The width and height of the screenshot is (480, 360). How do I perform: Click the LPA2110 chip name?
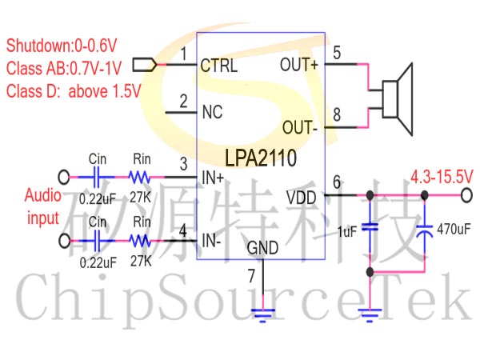pos(261,158)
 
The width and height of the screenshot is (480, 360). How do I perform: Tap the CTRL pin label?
pos(218,66)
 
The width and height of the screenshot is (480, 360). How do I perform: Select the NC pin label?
pos(212,112)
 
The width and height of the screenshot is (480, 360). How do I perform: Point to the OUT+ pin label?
pos(299,65)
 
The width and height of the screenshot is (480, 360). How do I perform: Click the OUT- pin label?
pos(299,127)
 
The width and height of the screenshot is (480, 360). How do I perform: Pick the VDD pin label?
pos(302,198)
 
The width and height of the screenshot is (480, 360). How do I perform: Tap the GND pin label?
pos(262,248)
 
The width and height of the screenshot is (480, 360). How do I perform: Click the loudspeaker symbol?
pos(398,99)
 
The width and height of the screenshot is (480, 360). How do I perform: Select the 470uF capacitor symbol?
pos(425,230)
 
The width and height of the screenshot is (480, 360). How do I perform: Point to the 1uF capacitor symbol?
pos(370,227)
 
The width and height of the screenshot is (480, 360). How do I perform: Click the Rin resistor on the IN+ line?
pos(139,177)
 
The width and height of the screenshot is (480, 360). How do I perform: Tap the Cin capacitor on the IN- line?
pos(97,241)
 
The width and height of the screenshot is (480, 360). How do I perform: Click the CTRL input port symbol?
pos(145,65)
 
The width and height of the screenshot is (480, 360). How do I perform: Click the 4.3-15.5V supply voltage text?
pos(442,177)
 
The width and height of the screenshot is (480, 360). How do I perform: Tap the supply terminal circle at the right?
pos(466,195)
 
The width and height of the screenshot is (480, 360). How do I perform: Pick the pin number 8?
pos(337,114)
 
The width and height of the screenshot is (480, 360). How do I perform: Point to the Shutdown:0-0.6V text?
pos(62,46)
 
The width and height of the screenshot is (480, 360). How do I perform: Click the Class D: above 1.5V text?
pos(74,91)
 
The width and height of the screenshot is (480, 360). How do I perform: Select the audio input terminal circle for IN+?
pos(64,177)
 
